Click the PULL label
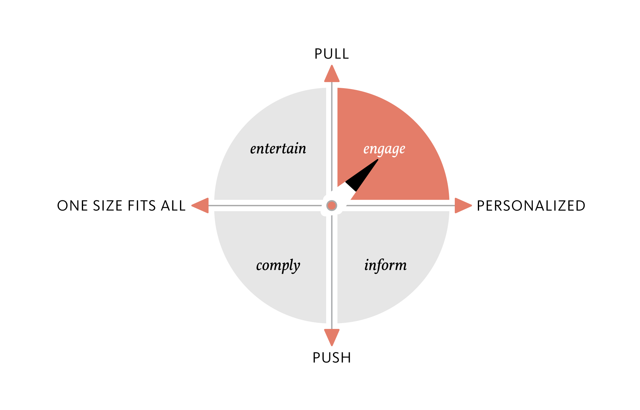332,54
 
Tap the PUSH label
332,358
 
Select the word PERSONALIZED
531,206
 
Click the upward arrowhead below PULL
332,74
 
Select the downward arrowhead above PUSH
332,337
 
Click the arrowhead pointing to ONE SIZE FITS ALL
200,206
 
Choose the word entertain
278,149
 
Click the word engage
384,150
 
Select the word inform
386,265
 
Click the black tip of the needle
377,160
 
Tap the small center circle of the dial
332,206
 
